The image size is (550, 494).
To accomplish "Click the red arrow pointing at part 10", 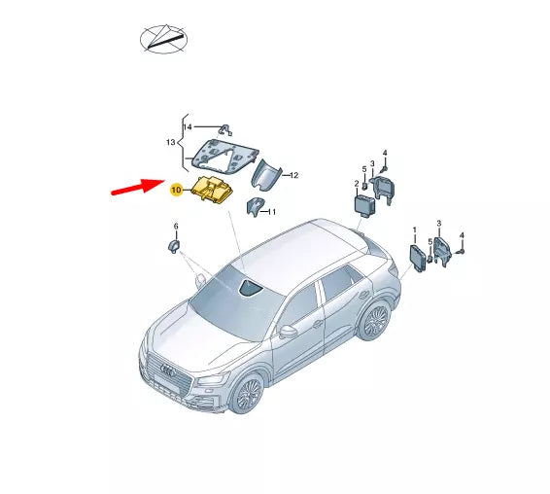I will click(x=135, y=185).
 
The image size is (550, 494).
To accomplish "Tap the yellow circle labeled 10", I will click(x=177, y=191).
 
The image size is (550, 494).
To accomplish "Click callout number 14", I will click(x=189, y=126).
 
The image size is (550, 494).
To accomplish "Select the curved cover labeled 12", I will click(x=265, y=176).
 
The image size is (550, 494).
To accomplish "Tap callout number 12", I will click(x=293, y=175).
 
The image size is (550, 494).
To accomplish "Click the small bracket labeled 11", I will click(x=256, y=207).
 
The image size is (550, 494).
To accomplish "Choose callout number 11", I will click(x=272, y=211).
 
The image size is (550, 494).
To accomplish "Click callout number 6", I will click(x=176, y=227).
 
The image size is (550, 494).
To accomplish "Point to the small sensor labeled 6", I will click(x=176, y=243).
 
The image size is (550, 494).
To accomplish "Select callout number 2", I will click(x=355, y=183).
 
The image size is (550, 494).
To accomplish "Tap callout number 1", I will click(x=415, y=230).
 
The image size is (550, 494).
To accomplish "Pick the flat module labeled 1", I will click(x=420, y=258).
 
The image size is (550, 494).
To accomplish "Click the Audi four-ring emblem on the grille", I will click(x=168, y=370).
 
